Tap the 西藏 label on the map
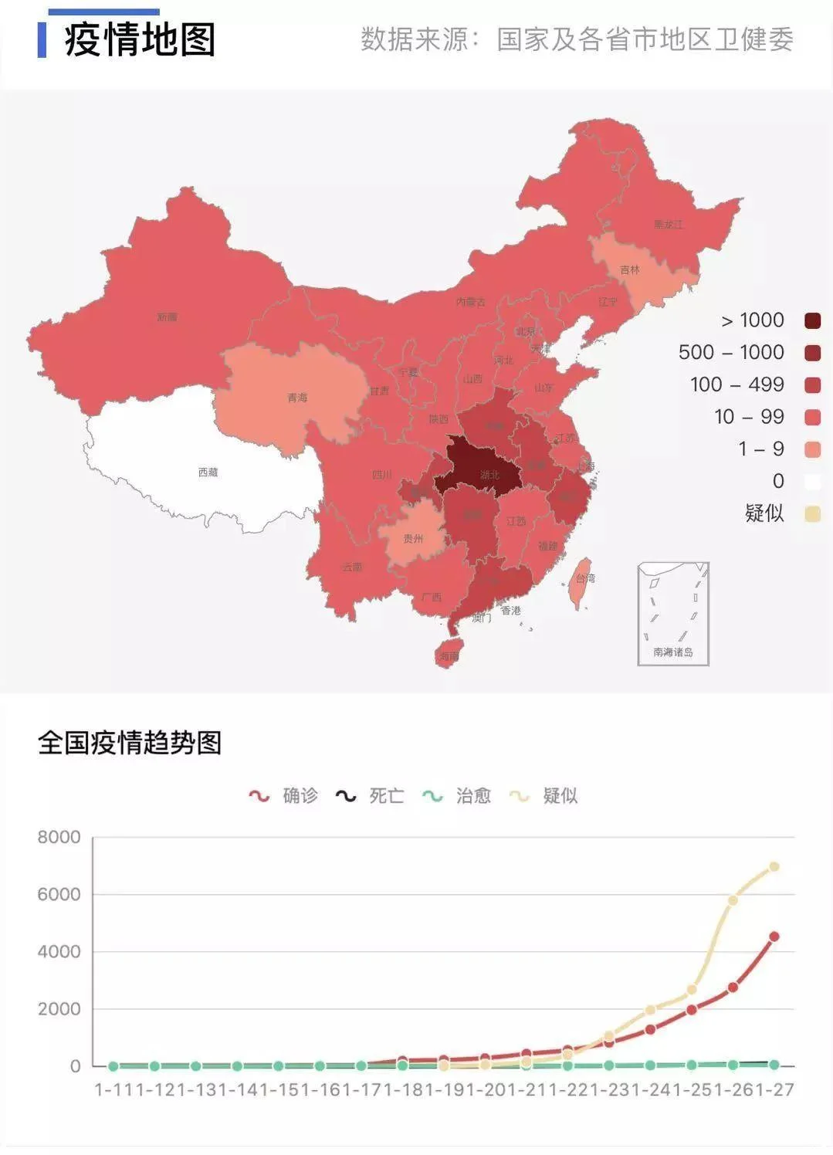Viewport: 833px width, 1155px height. coord(208,472)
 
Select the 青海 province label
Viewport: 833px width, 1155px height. coord(297,398)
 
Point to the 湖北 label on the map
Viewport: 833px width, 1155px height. coord(489,475)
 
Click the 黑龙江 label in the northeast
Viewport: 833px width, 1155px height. coord(668,225)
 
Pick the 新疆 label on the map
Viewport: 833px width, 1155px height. coord(167,317)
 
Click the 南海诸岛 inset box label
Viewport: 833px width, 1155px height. coord(672,652)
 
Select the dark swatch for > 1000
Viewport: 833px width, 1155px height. coord(812,320)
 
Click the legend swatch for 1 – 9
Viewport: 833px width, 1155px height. coord(812,449)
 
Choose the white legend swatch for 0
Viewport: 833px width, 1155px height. coord(812,482)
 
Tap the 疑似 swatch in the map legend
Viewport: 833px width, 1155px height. coord(812,514)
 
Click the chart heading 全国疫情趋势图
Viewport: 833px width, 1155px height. coord(130,743)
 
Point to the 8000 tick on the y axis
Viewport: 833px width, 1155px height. coord(59,837)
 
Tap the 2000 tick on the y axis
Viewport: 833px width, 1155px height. coord(59,1009)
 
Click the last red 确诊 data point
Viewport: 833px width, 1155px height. coord(774,937)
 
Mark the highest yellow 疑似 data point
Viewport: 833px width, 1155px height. coord(774,867)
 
